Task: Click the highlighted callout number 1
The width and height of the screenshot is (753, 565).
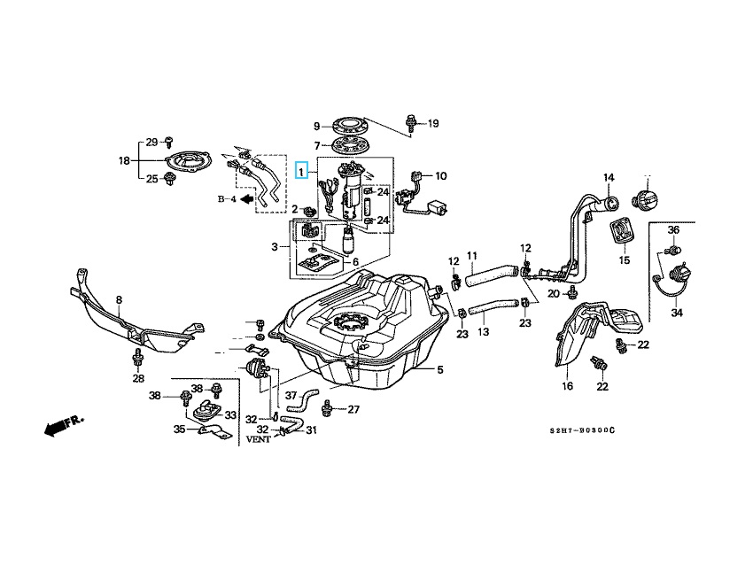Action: (302, 171)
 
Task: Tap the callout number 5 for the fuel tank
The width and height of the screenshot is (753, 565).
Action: (439, 369)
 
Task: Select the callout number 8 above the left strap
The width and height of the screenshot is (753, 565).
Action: (119, 300)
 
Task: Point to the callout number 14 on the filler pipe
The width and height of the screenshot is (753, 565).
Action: (609, 179)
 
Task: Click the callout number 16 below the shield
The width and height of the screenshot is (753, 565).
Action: (567, 385)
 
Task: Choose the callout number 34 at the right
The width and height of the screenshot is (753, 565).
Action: (677, 312)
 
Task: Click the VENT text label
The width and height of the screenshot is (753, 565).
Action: (259, 438)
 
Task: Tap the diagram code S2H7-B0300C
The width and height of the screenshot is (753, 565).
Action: (581, 430)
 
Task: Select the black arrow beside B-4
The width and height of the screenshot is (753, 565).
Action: (237, 199)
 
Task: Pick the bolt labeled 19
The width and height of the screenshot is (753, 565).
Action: (413, 123)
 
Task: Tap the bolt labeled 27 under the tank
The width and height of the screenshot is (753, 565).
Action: (330, 408)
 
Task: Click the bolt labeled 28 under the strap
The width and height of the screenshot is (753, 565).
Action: (138, 359)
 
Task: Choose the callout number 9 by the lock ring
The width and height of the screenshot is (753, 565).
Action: (316, 126)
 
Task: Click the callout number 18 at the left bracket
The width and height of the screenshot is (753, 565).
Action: (124, 160)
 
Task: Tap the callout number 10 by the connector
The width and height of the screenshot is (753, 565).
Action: (440, 175)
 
